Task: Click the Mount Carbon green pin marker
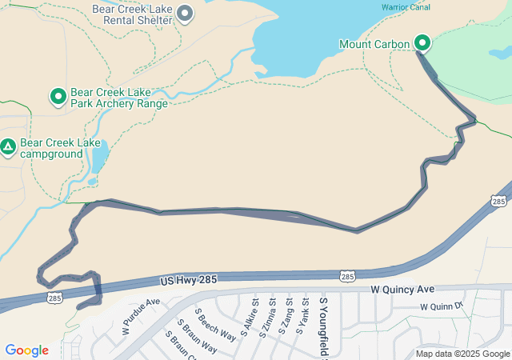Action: (x=422, y=43)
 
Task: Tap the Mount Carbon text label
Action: (x=374, y=43)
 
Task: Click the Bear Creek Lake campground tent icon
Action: (x=8, y=146)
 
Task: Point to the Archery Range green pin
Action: (x=58, y=97)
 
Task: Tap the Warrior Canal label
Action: (x=406, y=7)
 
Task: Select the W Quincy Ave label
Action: (x=402, y=288)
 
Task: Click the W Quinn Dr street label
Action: (x=442, y=306)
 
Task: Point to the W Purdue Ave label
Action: (x=141, y=316)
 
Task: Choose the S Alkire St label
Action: (x=250, y=316)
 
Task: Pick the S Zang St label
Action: (x=287, y=315)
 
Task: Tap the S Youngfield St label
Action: (x=324, y=325)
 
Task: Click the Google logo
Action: (x=26, y=350)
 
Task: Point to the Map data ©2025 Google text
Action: (x=462, y=354)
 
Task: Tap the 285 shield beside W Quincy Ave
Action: (x=346, y=276)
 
